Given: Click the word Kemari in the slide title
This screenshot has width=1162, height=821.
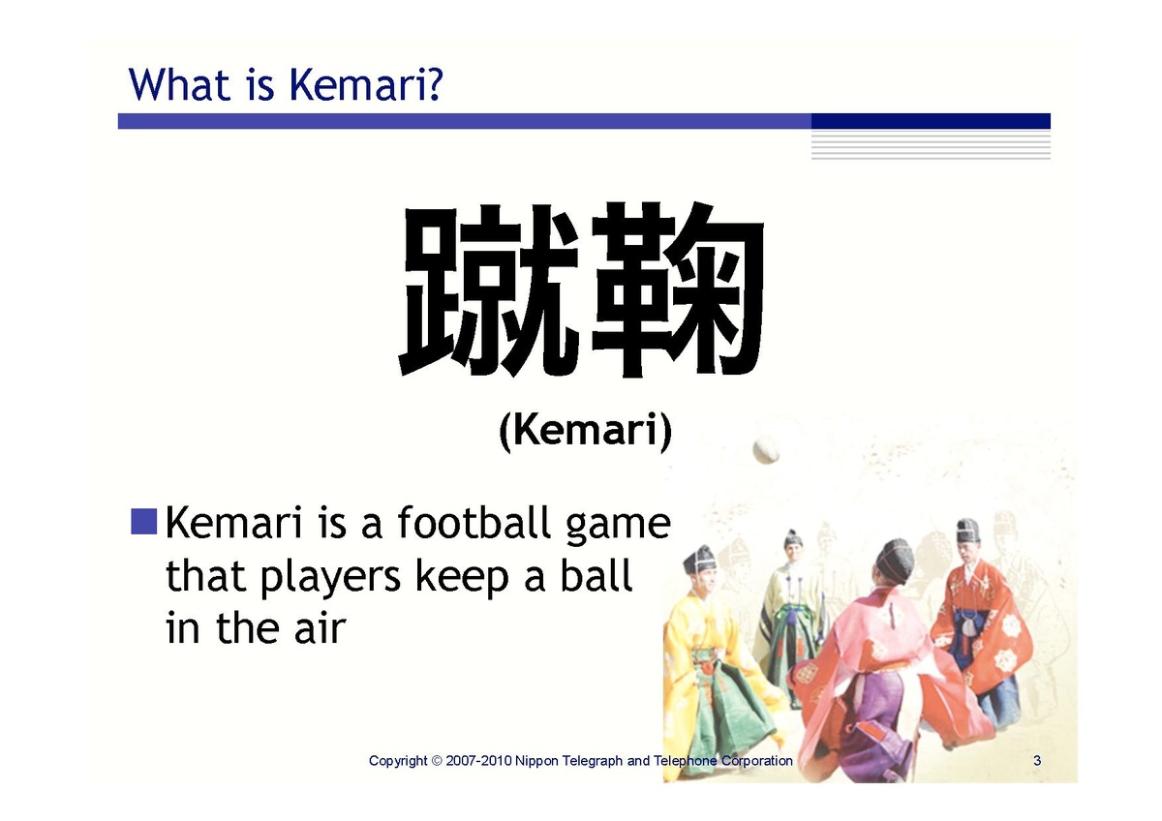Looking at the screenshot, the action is click(x=359, y=84).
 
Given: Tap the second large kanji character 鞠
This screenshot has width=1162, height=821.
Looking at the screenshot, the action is click(x=677, y=289).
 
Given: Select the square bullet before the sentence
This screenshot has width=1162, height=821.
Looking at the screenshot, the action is click(x=143, y=521).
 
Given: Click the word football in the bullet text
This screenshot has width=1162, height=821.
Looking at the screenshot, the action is click(x=474, y=523).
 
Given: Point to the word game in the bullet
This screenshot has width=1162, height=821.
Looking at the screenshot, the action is click(x=619, y=528).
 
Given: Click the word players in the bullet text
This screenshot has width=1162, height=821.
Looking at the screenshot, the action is click(x=330, y=579).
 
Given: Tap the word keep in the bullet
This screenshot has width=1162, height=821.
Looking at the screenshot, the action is click(x=462, y=579).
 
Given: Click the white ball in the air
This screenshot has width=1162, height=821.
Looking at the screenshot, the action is click(x=766, y=449).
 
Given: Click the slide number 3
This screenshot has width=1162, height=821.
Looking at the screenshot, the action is click(x=1037, y=761).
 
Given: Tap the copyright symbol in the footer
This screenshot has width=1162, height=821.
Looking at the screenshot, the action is click(x=437, y=761).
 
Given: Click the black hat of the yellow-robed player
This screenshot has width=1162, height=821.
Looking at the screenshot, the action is click(x=698, y=559).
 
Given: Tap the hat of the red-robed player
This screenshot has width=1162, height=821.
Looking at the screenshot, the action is click(x=967, y=530).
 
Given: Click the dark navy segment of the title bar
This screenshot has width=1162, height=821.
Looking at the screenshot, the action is click(x=931, y=121).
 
